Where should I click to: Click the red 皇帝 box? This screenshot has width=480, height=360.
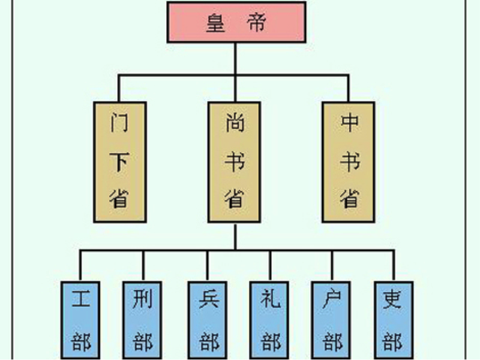[x=236, y=22]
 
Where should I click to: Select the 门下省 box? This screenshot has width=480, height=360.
[x=120, y=162]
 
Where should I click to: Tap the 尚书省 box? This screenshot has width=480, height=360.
[x=235, y=162]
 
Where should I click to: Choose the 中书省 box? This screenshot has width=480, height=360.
[x=349, y=162]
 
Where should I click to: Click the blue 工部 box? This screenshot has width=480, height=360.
[x=80, y=320]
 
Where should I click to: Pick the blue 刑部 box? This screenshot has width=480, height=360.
[x=142, y=320]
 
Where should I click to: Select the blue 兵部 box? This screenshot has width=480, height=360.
[x=208, y=320]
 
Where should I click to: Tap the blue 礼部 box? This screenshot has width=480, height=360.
[x=269, y=320]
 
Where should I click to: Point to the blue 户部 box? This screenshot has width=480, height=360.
[x=331, y=320]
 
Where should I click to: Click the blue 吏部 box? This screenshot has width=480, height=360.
[x=394, y=320]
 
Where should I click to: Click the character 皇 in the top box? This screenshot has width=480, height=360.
[x=216, y=23]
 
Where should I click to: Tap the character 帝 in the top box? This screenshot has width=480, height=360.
[x=257, y=23]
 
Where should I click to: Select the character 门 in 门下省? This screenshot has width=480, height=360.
[x=119, y=122]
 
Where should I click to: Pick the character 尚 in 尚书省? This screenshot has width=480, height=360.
[x=235, y=122]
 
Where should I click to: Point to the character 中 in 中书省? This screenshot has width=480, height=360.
[x=350, y=122]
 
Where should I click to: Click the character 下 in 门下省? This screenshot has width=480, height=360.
[x=119, y=161]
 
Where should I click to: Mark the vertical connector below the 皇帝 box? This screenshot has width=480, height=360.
[x=235, y=59]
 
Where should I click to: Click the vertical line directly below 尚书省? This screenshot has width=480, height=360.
[x=235, y=236]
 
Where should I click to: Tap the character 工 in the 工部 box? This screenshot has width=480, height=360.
[x=81, y=298]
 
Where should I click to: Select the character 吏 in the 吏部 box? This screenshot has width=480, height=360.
[x=392, y=299]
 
